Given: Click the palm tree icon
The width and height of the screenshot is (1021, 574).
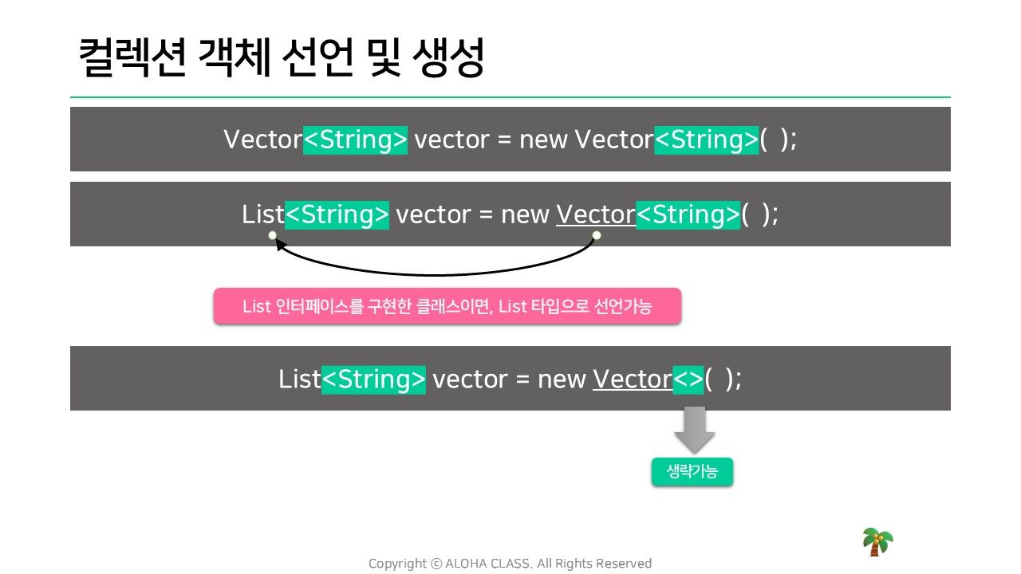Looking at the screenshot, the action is tap(877, 541).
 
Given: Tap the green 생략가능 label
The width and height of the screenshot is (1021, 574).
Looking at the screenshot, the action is tap(692, 471).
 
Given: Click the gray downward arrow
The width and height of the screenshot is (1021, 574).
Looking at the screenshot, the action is tap(694, 430).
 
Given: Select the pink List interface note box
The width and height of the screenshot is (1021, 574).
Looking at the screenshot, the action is tap(447, 306).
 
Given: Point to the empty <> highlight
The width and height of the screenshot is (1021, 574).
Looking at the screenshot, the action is tap(688, 379).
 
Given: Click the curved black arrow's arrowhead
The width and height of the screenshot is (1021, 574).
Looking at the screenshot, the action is tap(279, 245).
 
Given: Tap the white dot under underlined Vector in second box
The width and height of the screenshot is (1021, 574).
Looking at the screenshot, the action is tap(596, 235).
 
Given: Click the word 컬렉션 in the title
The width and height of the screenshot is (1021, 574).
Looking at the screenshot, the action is tap(132, 58).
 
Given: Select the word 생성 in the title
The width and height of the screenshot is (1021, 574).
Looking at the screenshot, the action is tap(447, 58).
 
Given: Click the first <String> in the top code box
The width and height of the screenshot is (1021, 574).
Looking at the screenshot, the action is tap(355, 140).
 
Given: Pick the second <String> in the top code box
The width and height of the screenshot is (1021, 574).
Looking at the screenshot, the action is tap(707, 140).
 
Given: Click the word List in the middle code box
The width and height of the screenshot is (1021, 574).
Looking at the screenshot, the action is tap(263, 214).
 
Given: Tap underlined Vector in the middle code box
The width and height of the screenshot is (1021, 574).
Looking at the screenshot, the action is tap(596, 214).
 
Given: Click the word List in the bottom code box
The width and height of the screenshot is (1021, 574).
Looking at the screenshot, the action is tap(299, 379).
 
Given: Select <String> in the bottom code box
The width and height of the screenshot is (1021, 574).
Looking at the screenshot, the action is tap(374, 379).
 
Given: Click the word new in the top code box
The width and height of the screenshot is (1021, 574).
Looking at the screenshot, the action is tap(543, 140).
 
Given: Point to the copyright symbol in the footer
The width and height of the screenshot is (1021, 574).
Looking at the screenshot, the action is tap(436, 564).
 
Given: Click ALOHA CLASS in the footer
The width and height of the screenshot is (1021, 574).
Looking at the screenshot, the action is tap(489, 564).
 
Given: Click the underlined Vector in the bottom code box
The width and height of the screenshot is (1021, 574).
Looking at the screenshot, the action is tap(633, 379).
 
